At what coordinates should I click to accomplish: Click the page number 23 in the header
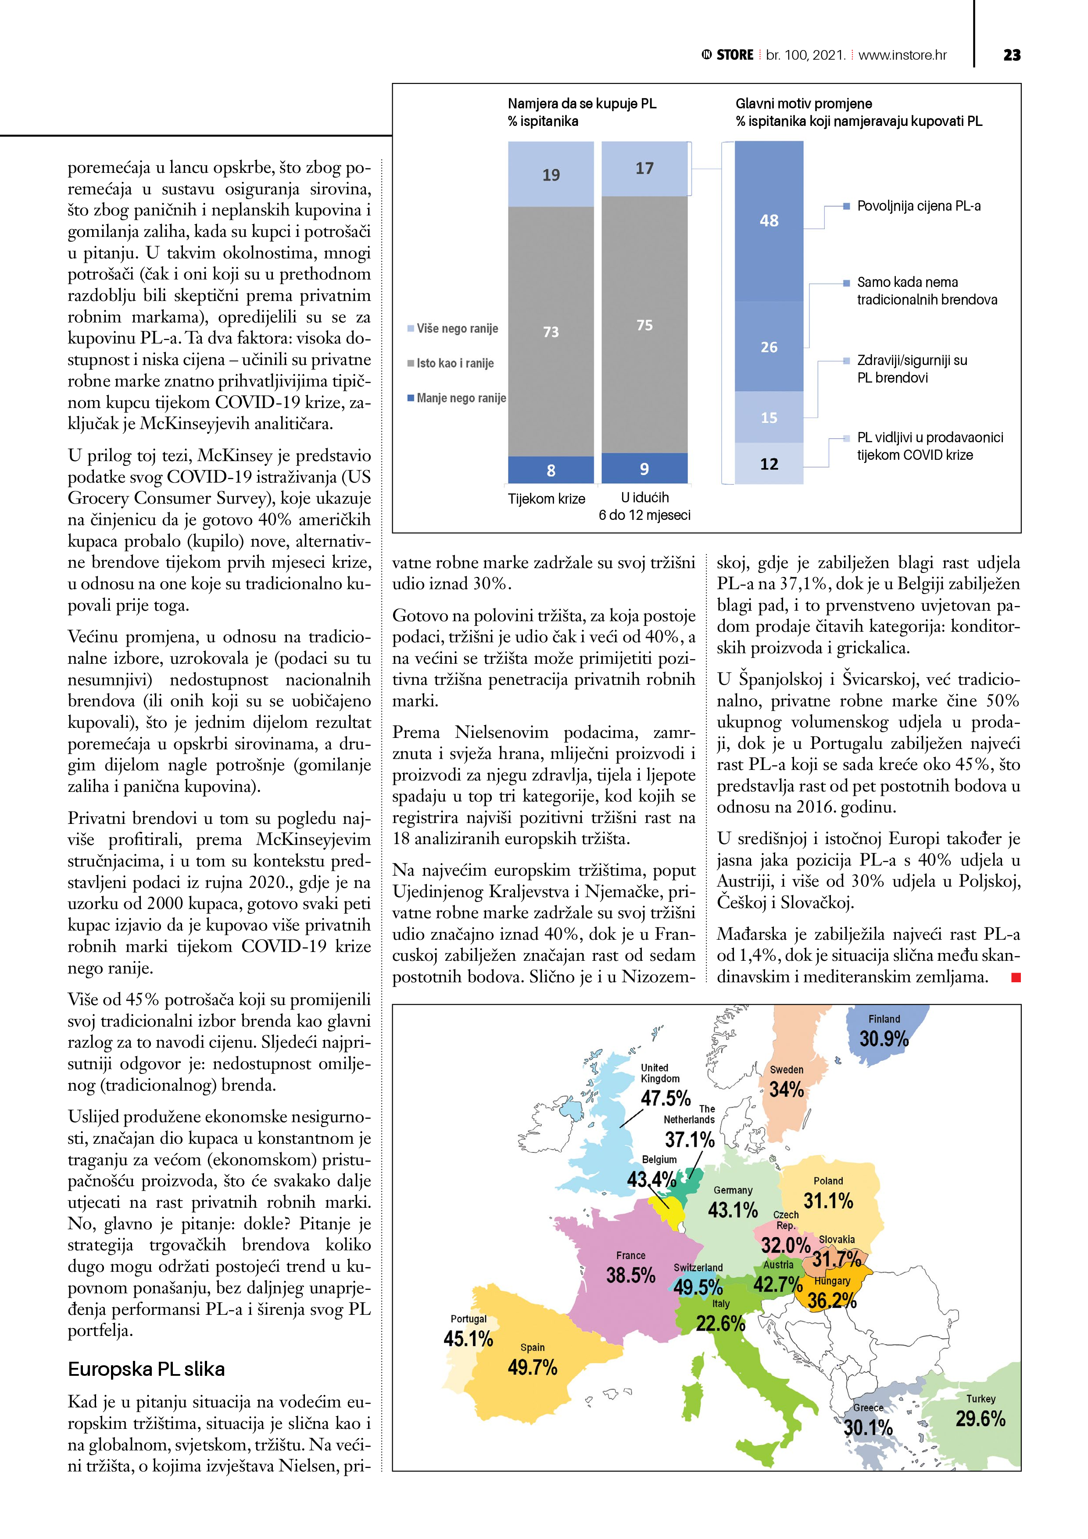pos(1012,55)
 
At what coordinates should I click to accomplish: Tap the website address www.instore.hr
pos(902,55)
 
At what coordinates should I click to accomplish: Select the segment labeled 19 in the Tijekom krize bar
pos(551,175)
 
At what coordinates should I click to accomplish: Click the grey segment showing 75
pos(644,325)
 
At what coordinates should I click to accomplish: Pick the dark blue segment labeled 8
pos(551,470)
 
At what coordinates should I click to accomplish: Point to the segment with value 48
pos(769,221)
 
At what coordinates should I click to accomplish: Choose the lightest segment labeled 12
pos(769,464)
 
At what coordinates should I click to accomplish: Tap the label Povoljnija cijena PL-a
pos(918,206)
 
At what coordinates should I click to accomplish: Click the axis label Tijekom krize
pos(546,499)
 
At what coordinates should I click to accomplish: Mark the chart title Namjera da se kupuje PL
pos(582,104)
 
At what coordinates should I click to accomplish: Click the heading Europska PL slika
pos(146,1369)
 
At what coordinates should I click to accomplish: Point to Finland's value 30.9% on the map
pos(884,1039)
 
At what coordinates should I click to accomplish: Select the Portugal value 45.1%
pos(468,1339)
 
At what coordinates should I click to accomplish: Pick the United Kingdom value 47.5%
pos(665,1098)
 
